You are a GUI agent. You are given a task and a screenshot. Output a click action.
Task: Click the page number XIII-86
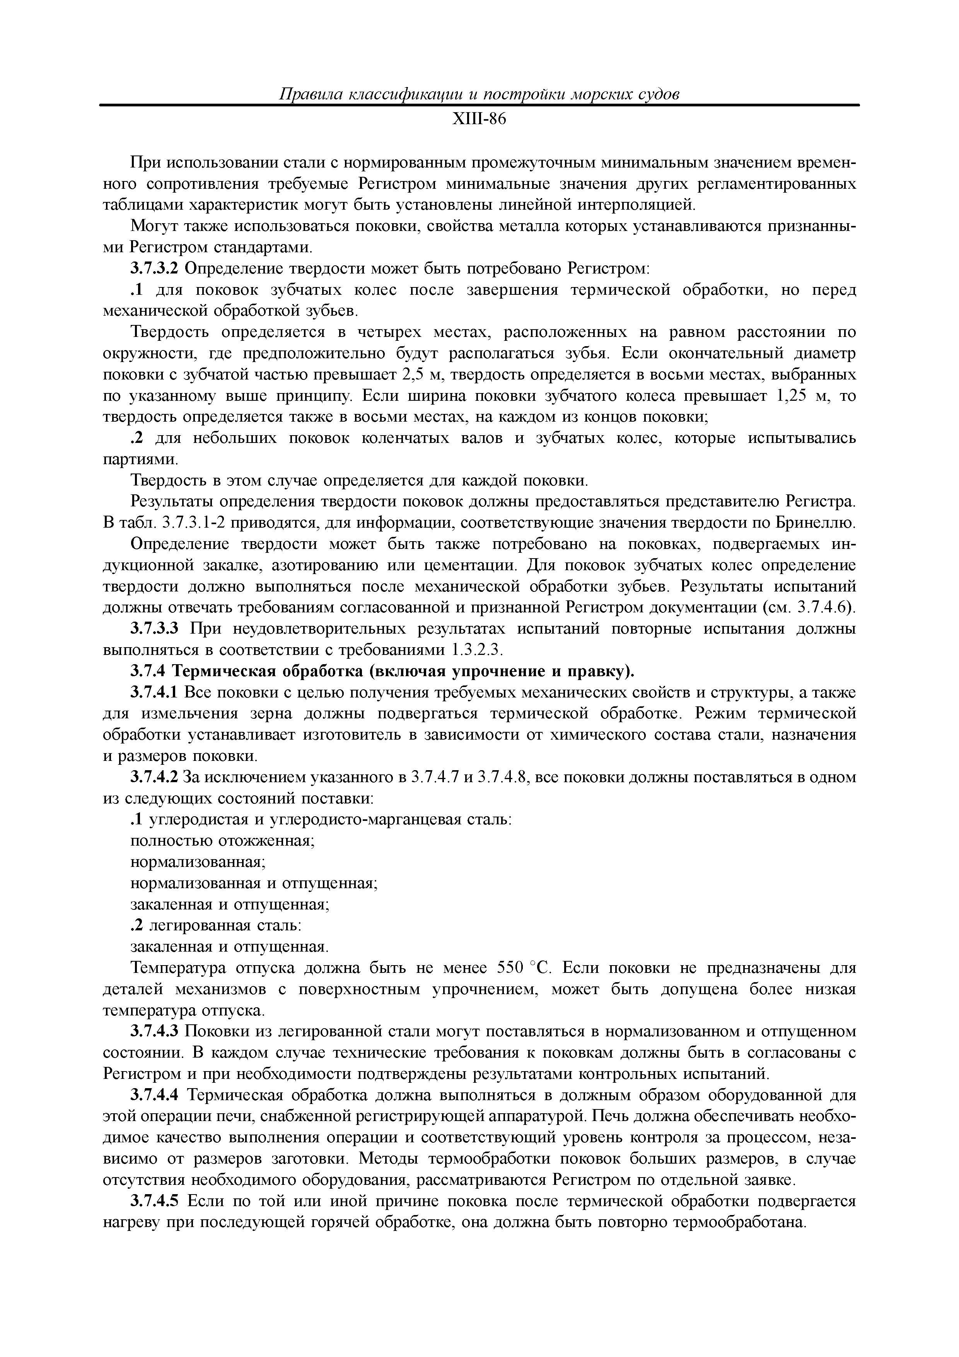[x=479, y=120]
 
